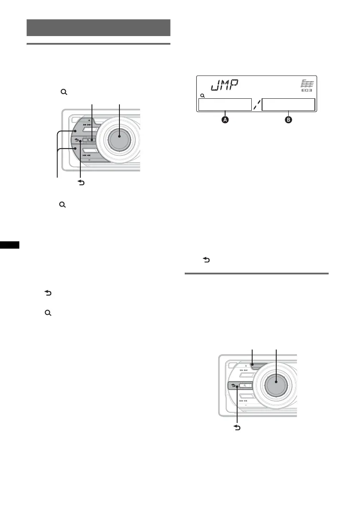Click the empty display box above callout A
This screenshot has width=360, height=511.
pyautogui.click(x=224, y=105)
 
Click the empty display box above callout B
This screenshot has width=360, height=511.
pyautogui.click(x=288, y=105)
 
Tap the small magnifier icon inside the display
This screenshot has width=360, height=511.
pyautogui.click(x=202, y=95)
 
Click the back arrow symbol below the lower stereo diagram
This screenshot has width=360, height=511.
pyautogui.click(x=237, y=428)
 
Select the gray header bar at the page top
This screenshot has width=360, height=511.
pyautogui.click(x=98, y=27)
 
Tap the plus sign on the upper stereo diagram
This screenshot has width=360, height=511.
pyautogui.click(x=89, y=121)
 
